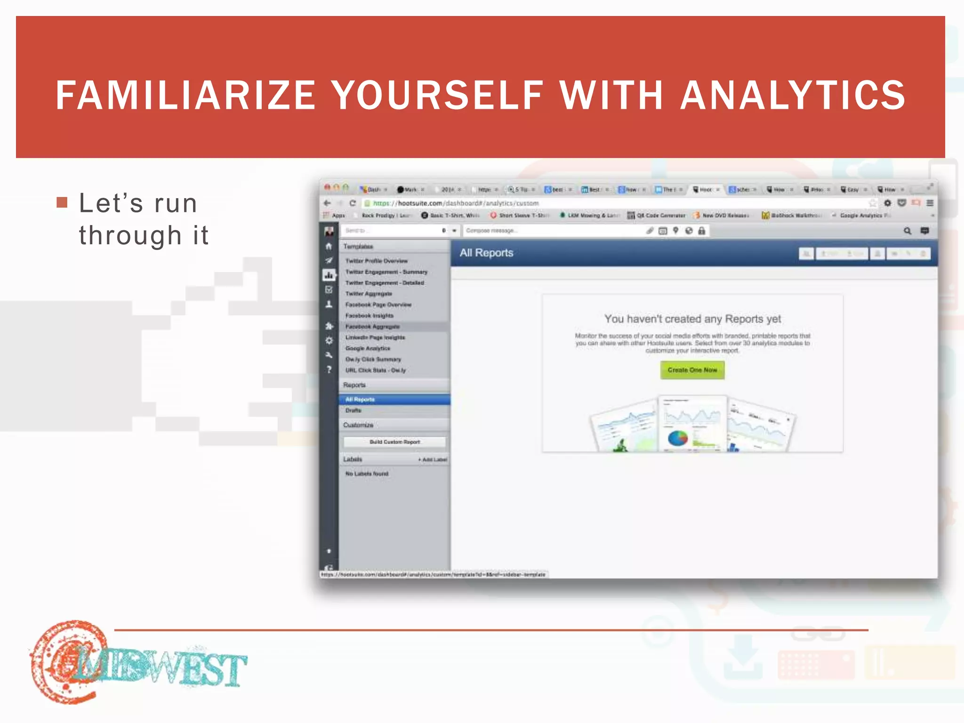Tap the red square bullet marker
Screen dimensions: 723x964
click(62, 202)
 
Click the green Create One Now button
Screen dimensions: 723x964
click(692, 370)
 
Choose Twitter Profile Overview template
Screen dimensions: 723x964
click(376, 261)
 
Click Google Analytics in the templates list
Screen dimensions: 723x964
click(368, 348)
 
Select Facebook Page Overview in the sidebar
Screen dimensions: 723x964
click(378, 305)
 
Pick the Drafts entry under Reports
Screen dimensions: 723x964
click(353, 410)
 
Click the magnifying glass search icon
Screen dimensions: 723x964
click(907, 231)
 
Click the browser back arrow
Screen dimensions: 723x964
click(327, 203)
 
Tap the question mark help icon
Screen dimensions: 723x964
click(329, 370)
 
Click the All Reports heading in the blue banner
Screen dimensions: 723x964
click(486, 253)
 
